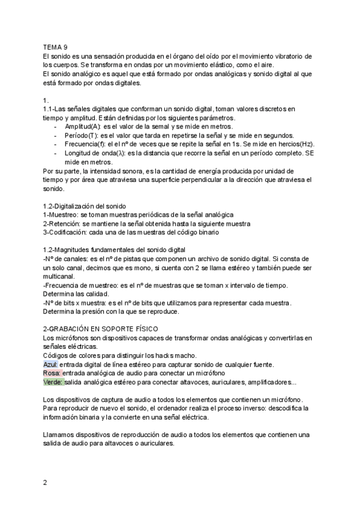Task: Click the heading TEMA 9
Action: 55,47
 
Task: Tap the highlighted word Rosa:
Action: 52,373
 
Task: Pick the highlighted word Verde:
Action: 53,382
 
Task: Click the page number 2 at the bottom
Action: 46,483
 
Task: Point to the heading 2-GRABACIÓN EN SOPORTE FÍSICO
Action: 100,329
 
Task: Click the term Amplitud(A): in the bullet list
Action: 83,127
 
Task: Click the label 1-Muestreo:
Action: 61,215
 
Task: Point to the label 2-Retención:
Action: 63,223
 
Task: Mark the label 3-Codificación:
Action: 67,232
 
